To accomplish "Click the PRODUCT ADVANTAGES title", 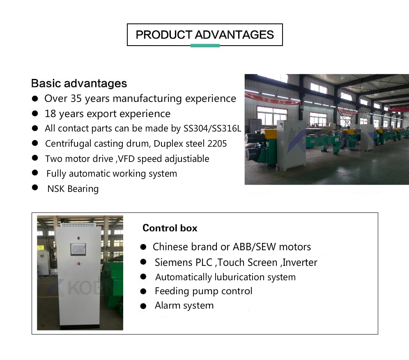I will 204,35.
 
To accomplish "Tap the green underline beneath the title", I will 205,46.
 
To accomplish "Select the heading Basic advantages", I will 79,83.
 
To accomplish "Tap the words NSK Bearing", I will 73,189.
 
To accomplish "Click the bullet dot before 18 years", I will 36,113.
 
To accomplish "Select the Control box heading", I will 170,228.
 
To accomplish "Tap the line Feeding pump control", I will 203,291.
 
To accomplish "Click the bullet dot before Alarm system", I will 143,306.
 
